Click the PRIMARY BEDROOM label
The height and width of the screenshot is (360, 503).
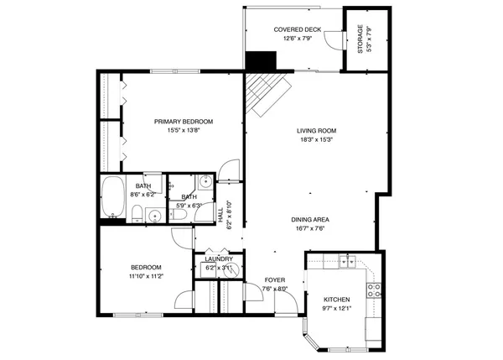pos(184,122)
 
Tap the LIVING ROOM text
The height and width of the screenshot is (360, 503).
pos(316,130)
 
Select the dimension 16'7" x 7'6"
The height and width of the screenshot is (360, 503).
pos(309,228)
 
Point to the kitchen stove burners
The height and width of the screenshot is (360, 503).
pos(376,290)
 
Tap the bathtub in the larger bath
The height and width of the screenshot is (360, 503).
pos(112,198)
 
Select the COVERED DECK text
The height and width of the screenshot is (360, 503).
pos(294,29)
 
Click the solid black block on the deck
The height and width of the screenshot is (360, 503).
pos(262,61)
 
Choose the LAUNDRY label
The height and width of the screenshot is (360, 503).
pos(218,259)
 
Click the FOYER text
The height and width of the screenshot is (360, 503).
pos(275,280)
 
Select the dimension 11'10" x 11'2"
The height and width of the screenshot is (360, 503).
pos(145,276)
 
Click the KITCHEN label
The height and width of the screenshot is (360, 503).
pos(337,299)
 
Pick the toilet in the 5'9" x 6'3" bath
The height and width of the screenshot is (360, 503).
pos(179,216)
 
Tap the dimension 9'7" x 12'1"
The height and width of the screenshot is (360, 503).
pos(337,309)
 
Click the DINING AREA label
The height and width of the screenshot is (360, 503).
pos(309,219)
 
